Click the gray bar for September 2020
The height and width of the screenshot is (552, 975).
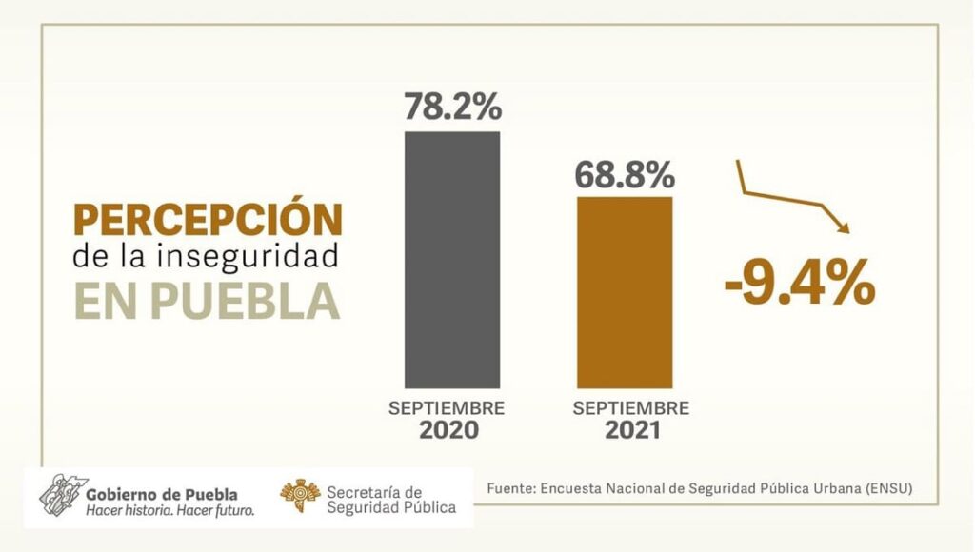coord(451,257)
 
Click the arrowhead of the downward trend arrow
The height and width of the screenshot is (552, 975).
coord(842,225)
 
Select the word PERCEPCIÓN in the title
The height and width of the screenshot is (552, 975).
coord(208,220)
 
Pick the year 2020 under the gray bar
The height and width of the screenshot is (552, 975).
coord(448,431)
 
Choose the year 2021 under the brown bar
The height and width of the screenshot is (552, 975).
coord(633,431)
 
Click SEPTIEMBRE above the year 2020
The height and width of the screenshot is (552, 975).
coord(447,408)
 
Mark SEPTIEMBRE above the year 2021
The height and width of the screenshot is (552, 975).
coord(632,408)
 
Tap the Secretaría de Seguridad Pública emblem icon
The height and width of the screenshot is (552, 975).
coord(299,496)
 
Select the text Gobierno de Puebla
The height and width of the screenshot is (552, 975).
coord(161,494)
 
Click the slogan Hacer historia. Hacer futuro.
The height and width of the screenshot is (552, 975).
coord(169,511)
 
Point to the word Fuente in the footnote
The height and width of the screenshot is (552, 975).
coord(509,488)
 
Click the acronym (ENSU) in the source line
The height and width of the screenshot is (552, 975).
coord(887,488)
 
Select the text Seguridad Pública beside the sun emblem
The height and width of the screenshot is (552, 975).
coord(390,507)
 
